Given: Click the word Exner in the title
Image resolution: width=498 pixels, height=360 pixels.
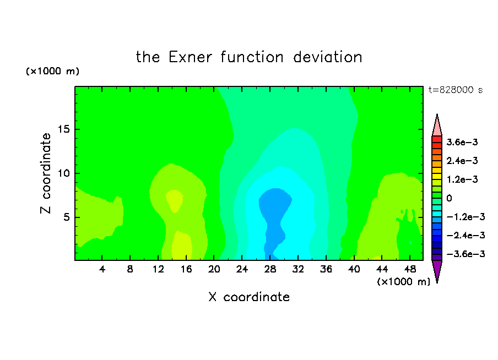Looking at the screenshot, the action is (x=190, y=57).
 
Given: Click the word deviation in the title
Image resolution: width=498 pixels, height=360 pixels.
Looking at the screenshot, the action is (x=327, y=57).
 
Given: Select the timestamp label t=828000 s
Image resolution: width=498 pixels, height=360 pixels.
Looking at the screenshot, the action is (x=456, y=90).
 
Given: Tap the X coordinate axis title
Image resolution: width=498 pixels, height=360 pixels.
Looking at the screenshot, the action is (x=249, y=297).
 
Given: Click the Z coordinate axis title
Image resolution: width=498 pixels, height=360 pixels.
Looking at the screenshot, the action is (x=45, y=173).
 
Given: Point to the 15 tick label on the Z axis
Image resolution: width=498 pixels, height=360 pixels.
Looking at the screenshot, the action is (x=63, y=129).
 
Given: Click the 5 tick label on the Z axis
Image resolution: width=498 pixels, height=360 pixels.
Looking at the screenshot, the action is (x=66, y=217).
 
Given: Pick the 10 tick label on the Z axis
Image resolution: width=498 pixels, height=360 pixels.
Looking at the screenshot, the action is (x=63, y=173).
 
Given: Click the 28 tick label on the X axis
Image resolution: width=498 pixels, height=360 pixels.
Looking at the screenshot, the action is (x=270, y=269).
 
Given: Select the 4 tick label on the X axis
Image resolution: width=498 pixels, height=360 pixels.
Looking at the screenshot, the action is (x=102, y=269).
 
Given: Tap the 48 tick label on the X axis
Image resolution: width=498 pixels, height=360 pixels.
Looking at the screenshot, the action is (x=410, y=269).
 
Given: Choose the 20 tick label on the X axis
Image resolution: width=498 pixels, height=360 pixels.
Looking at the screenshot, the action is (x=214, y=269).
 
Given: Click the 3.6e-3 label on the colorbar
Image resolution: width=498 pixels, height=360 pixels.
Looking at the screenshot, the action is (x=462, y=142).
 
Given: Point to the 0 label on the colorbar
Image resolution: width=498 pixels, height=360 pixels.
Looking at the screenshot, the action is (x=449, y=198).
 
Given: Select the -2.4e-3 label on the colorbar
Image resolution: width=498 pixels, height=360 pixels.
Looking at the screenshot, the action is (x=466, y=235).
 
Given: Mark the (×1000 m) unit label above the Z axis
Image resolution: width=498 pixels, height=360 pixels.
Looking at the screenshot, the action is (x=52, y=71).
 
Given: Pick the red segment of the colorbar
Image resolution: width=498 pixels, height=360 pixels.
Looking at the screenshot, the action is (x=437, y=139).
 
